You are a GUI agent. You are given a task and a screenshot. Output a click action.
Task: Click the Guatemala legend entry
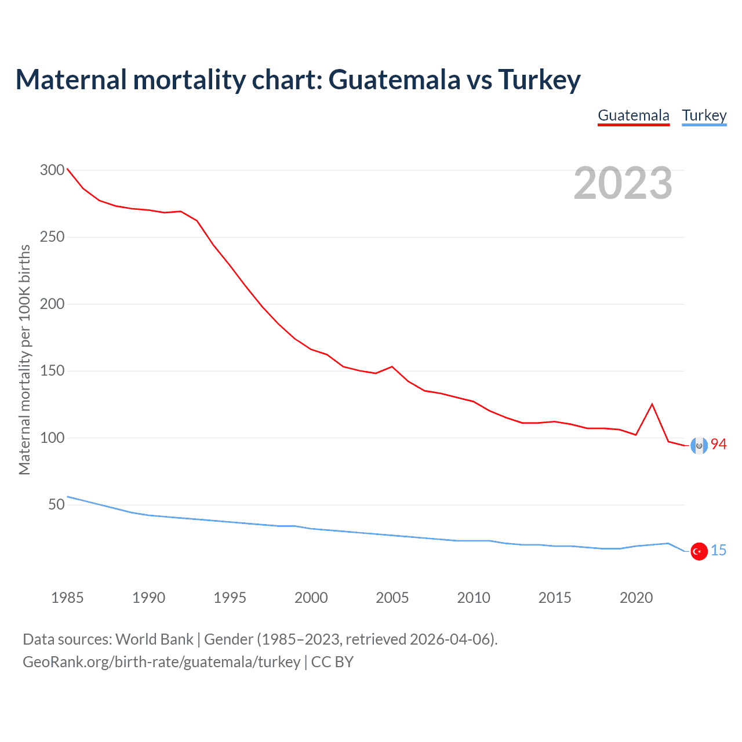click(634, 115)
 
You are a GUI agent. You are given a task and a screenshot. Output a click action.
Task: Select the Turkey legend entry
click(704, 115)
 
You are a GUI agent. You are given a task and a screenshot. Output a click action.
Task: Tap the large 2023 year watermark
click(623, 183)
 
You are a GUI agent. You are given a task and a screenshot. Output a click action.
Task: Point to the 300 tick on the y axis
click(52, 170)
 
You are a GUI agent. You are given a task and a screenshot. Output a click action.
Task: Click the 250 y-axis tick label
click(52, 237)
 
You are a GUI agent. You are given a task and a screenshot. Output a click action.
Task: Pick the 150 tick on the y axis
click(52, 371)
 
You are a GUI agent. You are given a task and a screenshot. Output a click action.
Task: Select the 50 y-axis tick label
click(56, 504)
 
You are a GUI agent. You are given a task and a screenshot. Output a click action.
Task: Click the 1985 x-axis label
click(67, 598)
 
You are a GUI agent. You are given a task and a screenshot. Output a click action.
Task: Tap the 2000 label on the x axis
click(311, 598)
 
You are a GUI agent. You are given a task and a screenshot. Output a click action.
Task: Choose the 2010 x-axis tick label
click(474, 598)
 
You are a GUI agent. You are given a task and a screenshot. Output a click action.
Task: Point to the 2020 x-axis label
click(636, 598)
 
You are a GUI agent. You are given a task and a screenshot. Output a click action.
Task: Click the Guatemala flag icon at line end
click(699, 445)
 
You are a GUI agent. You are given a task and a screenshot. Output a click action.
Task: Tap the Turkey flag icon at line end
click(699, 551)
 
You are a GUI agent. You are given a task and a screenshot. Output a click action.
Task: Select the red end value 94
click(719, 444)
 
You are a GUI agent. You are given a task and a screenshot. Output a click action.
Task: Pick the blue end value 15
click(719, 550)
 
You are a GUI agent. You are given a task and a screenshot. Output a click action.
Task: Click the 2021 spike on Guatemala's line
click(652, 404)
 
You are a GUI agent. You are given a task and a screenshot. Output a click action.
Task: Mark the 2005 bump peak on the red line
click(392, 366)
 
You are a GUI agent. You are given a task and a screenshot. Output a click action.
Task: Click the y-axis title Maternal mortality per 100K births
click(24, 359)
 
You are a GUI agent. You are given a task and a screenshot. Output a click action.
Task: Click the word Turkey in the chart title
click(539, 79)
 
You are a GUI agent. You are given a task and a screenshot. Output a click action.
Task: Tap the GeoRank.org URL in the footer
click(161, 662)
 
